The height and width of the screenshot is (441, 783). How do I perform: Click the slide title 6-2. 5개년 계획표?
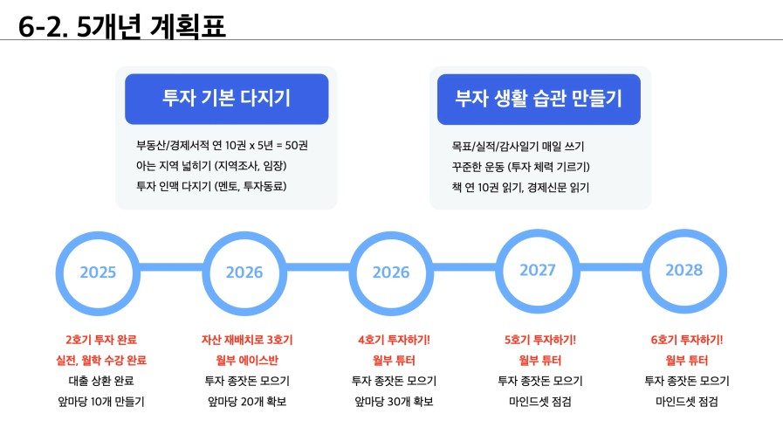click(122, 26)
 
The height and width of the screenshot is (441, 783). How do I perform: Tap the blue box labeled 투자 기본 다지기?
click(227, 99)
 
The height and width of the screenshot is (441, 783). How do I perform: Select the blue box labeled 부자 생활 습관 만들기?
click(539, 100)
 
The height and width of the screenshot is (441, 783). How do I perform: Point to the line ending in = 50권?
click(223, 145)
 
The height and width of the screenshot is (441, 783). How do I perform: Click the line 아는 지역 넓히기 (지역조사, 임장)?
click(211, 166)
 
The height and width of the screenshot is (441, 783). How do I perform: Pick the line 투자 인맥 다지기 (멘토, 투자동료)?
click(211, 186)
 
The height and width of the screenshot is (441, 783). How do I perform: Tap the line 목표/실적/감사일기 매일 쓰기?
click(518, 147)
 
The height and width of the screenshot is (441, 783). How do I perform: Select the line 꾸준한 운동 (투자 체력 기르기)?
click(521, 167)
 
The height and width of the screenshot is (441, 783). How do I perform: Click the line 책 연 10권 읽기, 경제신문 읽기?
click(520, 187)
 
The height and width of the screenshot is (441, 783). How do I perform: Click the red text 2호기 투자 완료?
click(101, 340)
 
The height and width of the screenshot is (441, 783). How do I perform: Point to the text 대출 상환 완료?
click(101, 381)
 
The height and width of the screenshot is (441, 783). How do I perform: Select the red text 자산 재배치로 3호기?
click(247, 340)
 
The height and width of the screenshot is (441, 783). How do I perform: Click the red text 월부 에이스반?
click(247, 360)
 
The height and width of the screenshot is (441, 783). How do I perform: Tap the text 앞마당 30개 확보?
click(394, 402)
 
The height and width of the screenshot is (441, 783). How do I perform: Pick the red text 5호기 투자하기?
click(540, 340)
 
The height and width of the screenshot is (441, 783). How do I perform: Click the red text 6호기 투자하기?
click(687, 340)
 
